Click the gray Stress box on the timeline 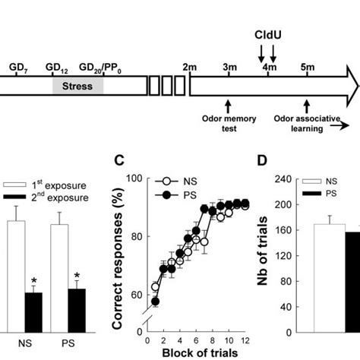[x=77, y=85]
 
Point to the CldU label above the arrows [x=267, y=35]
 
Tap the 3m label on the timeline [x=229, y=68]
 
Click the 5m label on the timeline [x=308, y=68]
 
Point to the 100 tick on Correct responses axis [x=134, y=178]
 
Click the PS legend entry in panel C [x=185, y=196]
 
